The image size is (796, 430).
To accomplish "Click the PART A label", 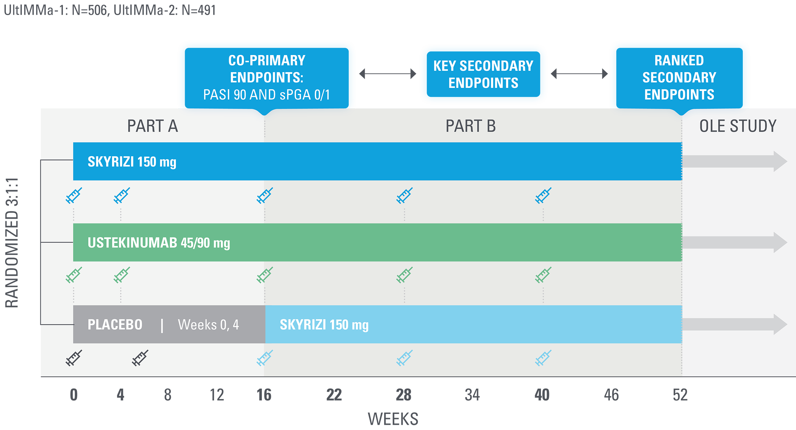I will tap(153, 126).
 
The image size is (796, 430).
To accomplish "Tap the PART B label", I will tap(471, 126).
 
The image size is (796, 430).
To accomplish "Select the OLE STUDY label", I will tap(738, 126).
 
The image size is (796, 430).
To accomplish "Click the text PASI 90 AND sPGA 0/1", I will tap(266, 95).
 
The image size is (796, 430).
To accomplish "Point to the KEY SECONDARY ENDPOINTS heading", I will tap(483, 74).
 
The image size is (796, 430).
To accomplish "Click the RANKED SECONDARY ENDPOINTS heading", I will tap(679, 77).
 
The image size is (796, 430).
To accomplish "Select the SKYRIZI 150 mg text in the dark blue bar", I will tap(132, 162).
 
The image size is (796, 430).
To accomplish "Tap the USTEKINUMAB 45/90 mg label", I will tap(159, 243).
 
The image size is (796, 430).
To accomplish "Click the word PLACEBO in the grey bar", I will tap(115, 324).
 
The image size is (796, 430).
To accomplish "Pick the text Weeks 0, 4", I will tap(208, 324).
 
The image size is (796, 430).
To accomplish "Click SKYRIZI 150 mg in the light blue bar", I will tap(324, 324).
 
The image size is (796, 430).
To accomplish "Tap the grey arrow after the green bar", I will tap(734, 242).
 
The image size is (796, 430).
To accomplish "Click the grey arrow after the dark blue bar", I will tap(734, 161).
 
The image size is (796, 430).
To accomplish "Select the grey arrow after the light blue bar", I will tap(734, 324).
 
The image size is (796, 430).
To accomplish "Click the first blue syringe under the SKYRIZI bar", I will tap(74, 196).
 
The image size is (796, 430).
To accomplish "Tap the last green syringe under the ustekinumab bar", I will tap(543, 275).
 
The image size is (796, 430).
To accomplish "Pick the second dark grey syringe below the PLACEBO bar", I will tap(140, 358).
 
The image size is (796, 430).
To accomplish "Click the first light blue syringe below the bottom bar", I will tap(265, 358).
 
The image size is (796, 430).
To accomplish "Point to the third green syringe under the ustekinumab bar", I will tap(265, 275).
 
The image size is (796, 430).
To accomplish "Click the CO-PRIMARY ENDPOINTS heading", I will tap(266, 69).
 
